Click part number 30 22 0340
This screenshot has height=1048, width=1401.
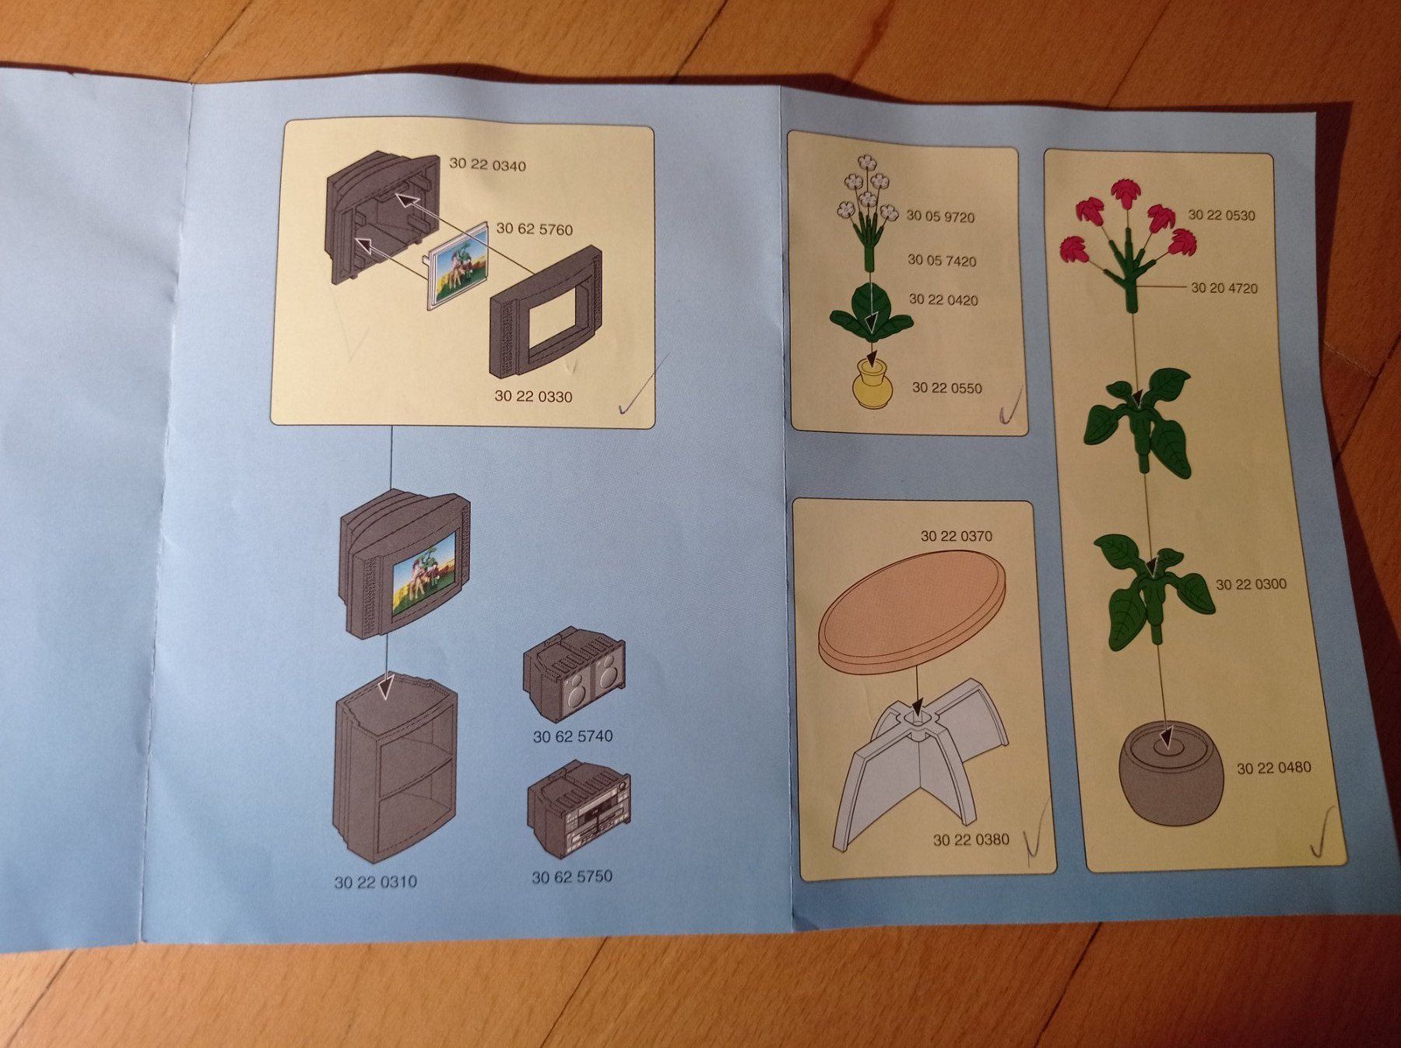pos(487,165)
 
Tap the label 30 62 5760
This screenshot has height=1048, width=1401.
pos(534,229)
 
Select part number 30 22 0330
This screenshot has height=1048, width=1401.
pos(533,396)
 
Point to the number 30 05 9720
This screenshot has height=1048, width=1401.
pos(940,217)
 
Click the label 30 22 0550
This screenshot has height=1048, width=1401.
pos(946,388)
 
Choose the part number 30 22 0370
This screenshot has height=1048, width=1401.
pos(957,536)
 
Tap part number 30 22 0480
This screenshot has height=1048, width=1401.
pos(1274,768)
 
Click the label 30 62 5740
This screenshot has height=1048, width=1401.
pos(573,736)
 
